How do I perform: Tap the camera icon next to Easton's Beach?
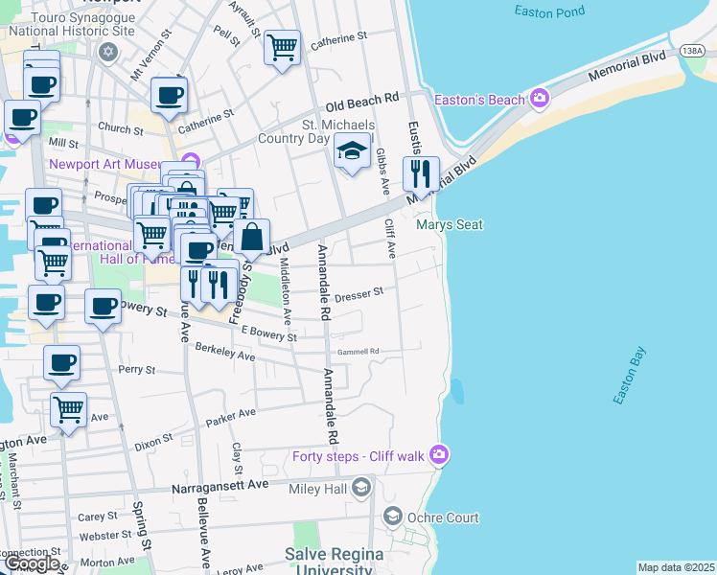540,99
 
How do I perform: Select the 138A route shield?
693,51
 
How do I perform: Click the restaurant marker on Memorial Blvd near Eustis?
420,173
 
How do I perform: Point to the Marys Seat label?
450,225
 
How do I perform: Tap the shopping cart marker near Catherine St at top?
282,45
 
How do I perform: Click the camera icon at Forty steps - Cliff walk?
438,453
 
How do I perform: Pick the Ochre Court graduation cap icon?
392,517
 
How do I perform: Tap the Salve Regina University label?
334,562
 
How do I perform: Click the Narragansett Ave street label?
220,486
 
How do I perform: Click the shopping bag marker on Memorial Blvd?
251,237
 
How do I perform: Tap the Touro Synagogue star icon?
107,50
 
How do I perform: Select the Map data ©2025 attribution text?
676,567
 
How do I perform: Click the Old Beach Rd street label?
361,100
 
